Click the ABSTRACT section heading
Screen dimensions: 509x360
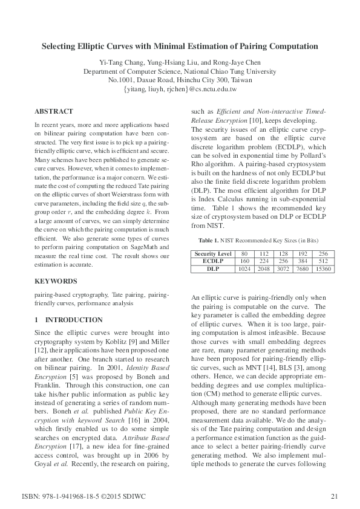click(54, 111)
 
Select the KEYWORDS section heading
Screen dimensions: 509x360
click(56, 281)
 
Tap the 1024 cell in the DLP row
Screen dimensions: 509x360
click(244, 268)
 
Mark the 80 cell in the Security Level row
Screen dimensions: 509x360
click(244, 253)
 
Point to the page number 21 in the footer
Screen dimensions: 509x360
click(334, 497)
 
